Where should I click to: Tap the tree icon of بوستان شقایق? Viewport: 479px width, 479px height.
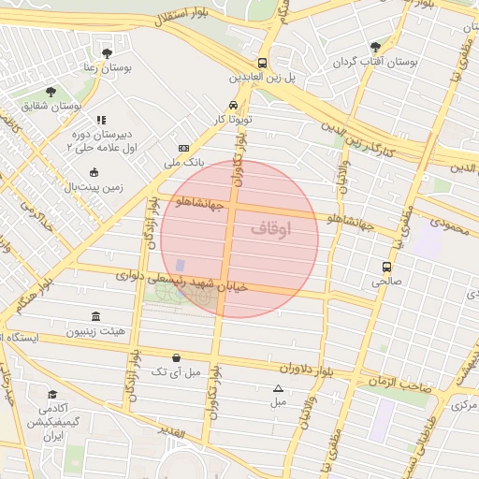(51, 92)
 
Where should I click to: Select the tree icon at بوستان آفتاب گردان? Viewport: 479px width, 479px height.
(375, 46)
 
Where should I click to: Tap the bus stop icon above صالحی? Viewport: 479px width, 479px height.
(386, 266)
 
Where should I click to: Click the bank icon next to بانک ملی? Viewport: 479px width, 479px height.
(183, 148)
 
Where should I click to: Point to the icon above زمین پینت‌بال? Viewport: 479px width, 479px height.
(94, 172)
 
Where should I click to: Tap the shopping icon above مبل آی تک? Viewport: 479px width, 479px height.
(177, 357)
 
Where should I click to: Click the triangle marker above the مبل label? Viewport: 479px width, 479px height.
(278, 388)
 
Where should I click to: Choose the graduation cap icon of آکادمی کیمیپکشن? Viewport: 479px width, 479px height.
(52, 395)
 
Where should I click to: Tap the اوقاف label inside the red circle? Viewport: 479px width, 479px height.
(271, 227)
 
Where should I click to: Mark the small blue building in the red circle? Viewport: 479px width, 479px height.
(180, 266)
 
